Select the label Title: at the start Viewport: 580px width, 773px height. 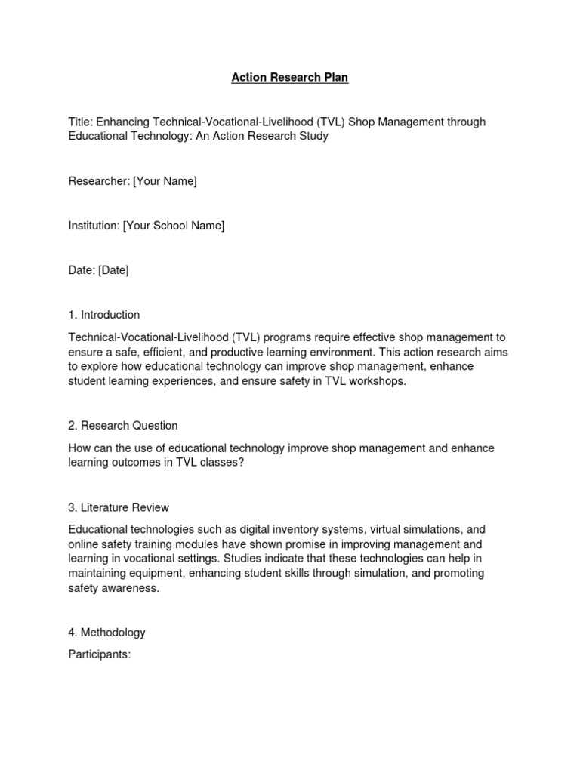(x=80, y=122)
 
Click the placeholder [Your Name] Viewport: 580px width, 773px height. (x=165, y=181)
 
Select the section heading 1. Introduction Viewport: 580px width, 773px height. (x=103, y=315)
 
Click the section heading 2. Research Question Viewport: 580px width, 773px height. (x=122, y=426)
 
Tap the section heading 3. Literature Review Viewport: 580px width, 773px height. (x=119, y=507)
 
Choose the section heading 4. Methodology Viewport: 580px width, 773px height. (x=106, y=633)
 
